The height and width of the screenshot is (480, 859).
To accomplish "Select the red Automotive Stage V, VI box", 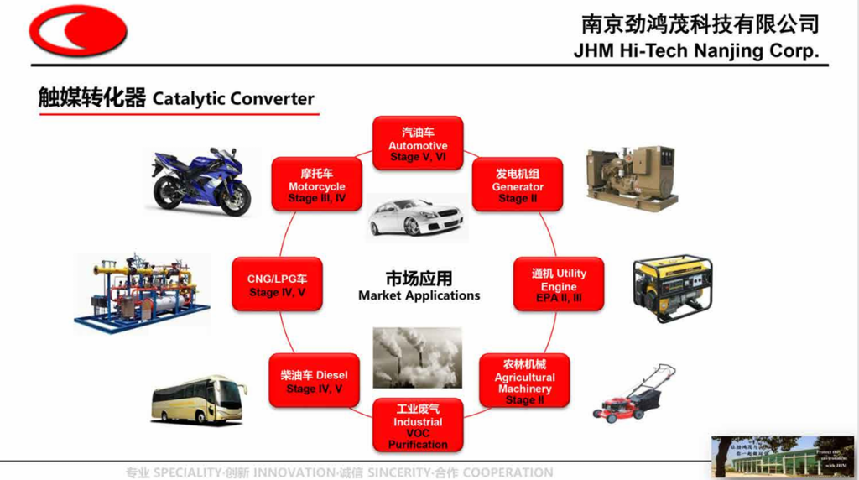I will pyautogui.click(x=418, y=143).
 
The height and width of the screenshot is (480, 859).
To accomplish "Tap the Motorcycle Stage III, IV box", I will pyautogui.click(x=317, y=185).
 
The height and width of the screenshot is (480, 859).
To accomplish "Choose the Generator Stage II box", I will pyautogui.click(x=518, y=185).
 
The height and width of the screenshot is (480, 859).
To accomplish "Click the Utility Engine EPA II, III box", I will pyautogui.click(x=559, y=284).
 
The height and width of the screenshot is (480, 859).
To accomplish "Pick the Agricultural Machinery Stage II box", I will pyautogui.click(x=524, y=382).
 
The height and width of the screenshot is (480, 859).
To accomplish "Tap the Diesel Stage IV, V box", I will pyautogui.click(x=314, y=382).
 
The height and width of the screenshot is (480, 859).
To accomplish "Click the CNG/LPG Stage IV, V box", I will pyautogui.click(x=277, y=284).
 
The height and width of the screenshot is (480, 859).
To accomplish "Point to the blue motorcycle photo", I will pyautogui.click(x=201, y=181).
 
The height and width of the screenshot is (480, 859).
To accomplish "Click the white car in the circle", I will pyautogui.click(x=416, y=217).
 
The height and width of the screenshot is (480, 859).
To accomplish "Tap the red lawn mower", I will pyautogui.click(x=635, y=394).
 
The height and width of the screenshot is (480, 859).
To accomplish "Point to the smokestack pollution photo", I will pyautogui.click(x=417, y=357).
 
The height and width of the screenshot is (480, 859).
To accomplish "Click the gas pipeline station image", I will pyautogui.click(x=141, y=290).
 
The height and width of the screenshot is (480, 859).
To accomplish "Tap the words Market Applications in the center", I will pyautogui.click(x=419, y=295).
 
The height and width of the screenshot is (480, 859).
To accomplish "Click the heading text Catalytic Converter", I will pyautogui.click(x=233, y=98).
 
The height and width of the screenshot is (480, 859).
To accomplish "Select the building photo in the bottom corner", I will pyautogui.click(x=782, y=456).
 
